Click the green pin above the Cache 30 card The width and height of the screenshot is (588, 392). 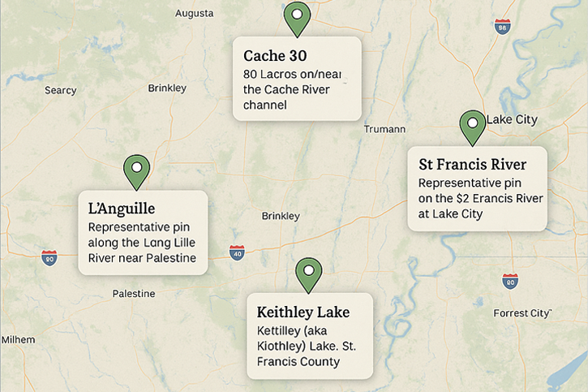point(297,17)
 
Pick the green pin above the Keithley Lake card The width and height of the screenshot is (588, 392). point(307,274)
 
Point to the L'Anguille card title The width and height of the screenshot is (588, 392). point(121,209)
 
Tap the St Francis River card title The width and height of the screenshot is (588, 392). point(472,164)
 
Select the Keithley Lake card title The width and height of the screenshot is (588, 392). point(303,312)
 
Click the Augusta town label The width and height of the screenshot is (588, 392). point(195,13)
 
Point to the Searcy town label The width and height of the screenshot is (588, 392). point(60,90)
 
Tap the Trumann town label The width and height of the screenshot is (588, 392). point(379,129)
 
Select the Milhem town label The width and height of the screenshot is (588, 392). point(18,339)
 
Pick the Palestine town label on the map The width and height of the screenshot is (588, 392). point(134,292)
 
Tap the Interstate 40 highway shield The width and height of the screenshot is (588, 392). point(236,252)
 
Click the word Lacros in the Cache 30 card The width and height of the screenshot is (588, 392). point(277,74)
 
